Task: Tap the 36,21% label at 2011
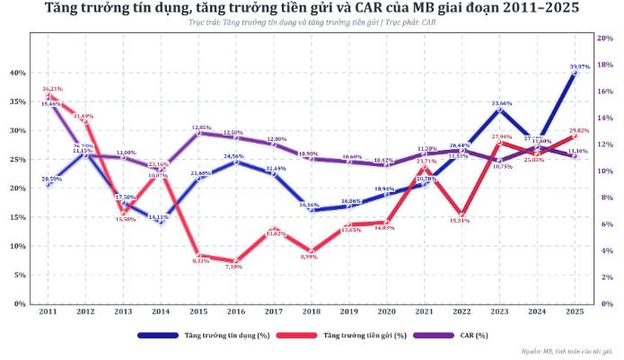[x=52, y=89]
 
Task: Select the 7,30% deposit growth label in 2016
[x=233, y=267]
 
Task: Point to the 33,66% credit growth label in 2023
[x=501, y=103]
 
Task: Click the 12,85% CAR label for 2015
[x=201, y=127]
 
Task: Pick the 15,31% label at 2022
[x=460, y=220]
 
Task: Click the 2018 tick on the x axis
[x=311, y=311]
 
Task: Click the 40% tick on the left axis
[x=17, y=73]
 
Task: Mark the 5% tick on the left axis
[x=19, y=275]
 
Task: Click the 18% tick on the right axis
[x=606, y=65]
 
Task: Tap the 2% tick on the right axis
[x=604, y=277]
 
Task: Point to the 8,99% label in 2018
[x=311, y=257]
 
